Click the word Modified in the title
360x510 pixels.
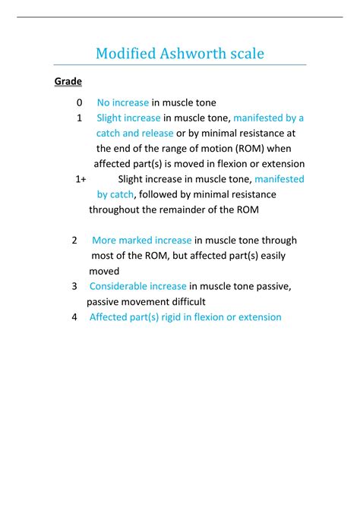122,55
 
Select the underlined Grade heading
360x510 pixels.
68,81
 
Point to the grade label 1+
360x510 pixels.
81,179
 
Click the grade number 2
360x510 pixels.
75,241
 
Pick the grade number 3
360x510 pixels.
74,286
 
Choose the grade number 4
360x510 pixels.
74,317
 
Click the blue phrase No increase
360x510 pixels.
123,102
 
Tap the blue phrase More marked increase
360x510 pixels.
141,241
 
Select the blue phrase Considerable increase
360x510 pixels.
137,286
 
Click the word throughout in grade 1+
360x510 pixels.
118,209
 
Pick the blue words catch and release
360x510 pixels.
134,134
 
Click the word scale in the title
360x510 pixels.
244,55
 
